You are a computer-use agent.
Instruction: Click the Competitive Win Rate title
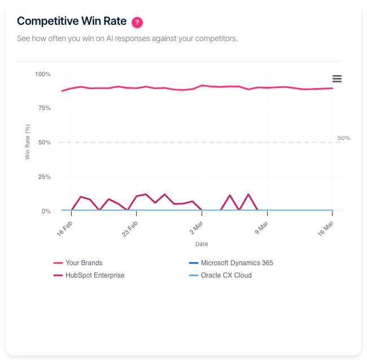click(72, 21)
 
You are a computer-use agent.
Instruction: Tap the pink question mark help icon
click(137, 23)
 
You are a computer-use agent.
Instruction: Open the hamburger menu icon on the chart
click(337, 78)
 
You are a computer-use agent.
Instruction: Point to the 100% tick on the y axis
click(43, 74)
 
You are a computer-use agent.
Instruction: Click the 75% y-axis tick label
click(44, 108)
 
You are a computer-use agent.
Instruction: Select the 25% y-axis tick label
click(44, 177)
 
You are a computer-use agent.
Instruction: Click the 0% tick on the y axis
click(46, 211)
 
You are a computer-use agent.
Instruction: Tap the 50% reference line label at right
click(343, 138)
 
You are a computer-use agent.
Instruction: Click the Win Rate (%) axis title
click(27, 142)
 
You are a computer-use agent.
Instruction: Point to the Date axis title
click(202, 244)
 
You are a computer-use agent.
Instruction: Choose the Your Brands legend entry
click(84, 263)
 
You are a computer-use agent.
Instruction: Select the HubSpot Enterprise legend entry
click(95, 275)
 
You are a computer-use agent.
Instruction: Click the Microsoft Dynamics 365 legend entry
click(237, 263)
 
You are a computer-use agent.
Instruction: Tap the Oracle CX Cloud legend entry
click(226, 275)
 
